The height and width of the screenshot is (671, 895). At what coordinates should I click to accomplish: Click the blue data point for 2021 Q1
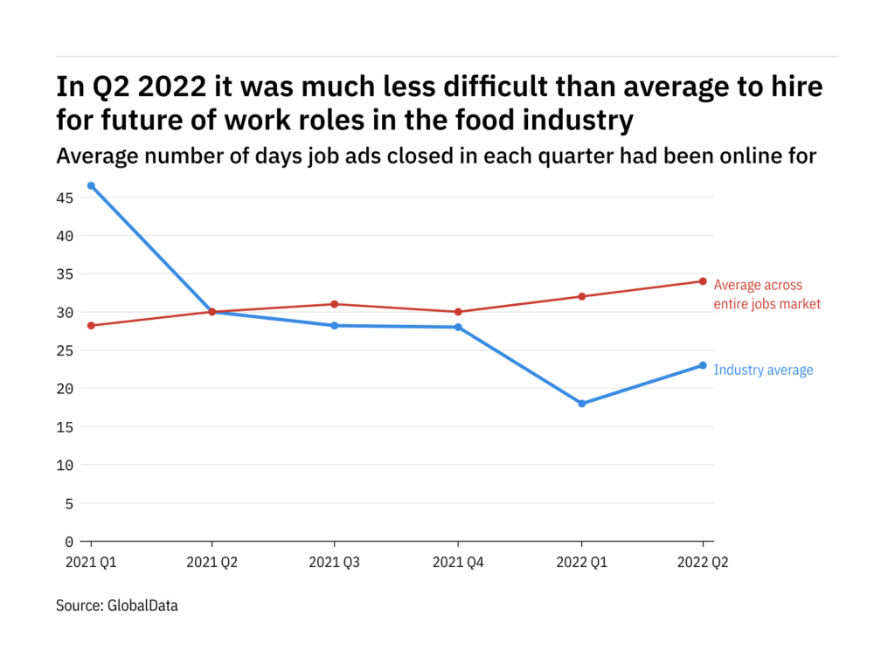click(91, 185)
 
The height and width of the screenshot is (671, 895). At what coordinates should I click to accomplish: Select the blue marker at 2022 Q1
click(581, 404)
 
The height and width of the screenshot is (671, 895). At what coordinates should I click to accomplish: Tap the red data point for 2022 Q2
click(703, 281)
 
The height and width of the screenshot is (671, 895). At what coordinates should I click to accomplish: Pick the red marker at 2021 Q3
click(335, 304)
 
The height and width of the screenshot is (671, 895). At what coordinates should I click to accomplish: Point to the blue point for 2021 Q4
click(458, 327)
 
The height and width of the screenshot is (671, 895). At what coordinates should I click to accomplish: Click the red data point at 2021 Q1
click(91, 325)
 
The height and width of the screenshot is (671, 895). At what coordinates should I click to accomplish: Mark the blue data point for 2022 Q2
click(703, 365)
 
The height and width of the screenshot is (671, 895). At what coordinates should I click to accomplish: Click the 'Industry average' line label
click(763, 370)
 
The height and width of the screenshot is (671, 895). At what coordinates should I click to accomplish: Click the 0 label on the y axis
click(70, 542)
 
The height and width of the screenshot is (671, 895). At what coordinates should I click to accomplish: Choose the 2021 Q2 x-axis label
click(212, 564)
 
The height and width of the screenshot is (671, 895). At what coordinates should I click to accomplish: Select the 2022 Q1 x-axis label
click(581, 564)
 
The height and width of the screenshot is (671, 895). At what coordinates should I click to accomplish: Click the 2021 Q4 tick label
click(458, 564)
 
